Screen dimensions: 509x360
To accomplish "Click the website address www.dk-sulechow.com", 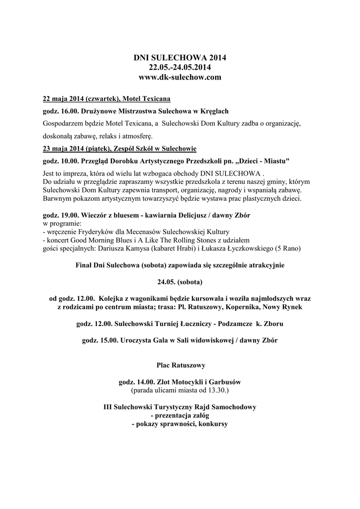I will click(x=180, y=78).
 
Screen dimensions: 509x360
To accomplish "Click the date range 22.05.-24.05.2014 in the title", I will click(x=180, y=68).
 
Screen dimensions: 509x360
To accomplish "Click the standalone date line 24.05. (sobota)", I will click(x=180, y=282).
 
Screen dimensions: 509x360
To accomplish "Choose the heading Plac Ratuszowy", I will click(x=180, y=365).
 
